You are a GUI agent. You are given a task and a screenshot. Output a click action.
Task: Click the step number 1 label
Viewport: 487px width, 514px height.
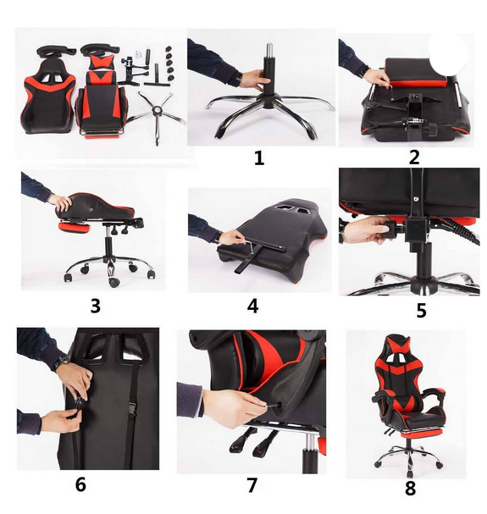point(259,158)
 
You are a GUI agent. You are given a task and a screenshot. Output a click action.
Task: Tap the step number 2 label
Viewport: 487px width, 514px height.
point(414,158)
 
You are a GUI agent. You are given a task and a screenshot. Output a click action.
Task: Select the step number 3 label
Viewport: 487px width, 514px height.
point(95,307)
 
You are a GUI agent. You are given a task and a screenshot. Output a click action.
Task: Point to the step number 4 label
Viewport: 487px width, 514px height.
point(252,307)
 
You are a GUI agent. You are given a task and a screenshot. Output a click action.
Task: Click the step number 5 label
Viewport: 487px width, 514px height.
point(422,311)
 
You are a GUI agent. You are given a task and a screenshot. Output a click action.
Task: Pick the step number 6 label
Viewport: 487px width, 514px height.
point(80,484)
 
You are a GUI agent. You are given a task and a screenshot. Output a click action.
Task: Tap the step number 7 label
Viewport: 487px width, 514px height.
point(252,485)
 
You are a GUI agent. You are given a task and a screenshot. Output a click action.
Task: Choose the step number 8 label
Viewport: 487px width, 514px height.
point(410,488)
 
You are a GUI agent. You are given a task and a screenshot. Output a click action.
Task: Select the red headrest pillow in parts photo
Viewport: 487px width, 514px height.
point(102,61)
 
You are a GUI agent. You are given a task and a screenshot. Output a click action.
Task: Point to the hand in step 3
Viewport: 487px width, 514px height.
point(62,202)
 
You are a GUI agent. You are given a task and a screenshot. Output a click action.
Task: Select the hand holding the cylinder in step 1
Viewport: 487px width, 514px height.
point(252,79)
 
